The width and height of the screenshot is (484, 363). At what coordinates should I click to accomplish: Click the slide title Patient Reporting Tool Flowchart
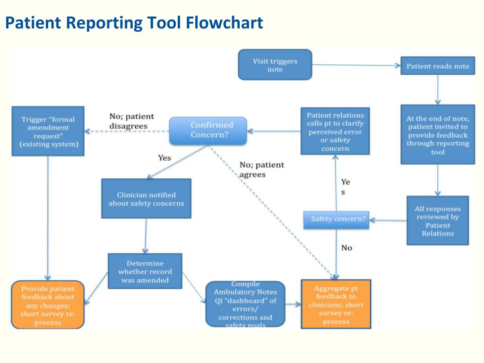click(134, 23)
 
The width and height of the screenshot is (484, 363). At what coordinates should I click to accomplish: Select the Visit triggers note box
click(275, 65)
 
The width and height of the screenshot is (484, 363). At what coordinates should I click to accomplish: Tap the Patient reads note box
click(438, 66)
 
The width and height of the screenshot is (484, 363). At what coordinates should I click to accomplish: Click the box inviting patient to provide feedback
click(438, 135)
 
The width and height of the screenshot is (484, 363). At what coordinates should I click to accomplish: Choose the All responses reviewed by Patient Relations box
click(438, 221)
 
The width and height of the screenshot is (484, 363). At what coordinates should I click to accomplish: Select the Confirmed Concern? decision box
click(208, 130)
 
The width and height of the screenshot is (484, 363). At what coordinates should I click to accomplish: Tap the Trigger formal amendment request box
click(48, 131)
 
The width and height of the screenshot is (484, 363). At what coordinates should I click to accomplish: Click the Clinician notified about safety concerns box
click(146, 199)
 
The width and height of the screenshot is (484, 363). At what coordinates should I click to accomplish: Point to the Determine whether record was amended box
click(145, 271)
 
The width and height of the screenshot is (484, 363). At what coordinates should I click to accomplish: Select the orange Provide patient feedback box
click(48, 305)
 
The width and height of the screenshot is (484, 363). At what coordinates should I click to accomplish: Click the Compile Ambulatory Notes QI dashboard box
click(245, 304)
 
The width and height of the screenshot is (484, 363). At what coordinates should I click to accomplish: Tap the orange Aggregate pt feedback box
click(336, 304)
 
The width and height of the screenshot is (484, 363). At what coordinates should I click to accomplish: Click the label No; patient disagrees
click(131, 121)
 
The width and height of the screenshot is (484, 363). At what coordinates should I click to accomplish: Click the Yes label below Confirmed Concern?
click(164, 158)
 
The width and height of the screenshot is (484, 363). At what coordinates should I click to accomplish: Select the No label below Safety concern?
click(346, 248)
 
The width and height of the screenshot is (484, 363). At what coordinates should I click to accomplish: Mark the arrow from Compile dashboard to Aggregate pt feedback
click(293, 305)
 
